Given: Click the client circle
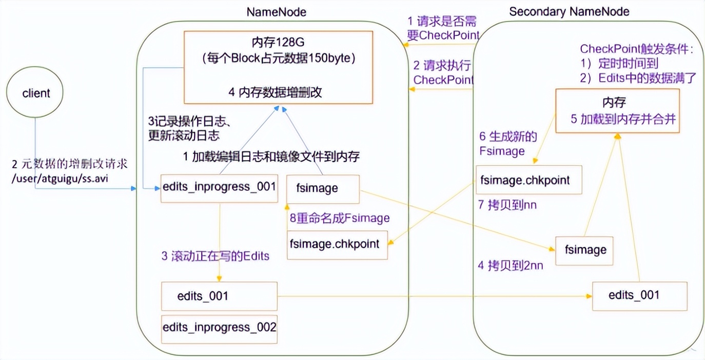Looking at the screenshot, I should point(36,93).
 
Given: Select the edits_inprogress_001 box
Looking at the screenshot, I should point(219,188).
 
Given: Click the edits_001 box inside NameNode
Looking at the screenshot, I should point(219,296).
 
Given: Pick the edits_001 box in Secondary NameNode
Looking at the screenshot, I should point(639,295).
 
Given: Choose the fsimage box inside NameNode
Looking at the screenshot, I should point(323,188).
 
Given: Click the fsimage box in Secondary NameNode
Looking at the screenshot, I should point(585,250).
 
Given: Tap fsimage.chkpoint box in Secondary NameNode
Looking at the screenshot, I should point(528,180).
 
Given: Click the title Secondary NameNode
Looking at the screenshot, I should point(569,11).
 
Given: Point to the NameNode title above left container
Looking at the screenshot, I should point(276,11).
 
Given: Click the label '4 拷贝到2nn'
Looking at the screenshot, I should point(511,266).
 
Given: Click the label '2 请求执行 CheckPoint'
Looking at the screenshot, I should point(443,73).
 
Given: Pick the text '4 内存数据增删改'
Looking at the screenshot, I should point(276,93).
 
